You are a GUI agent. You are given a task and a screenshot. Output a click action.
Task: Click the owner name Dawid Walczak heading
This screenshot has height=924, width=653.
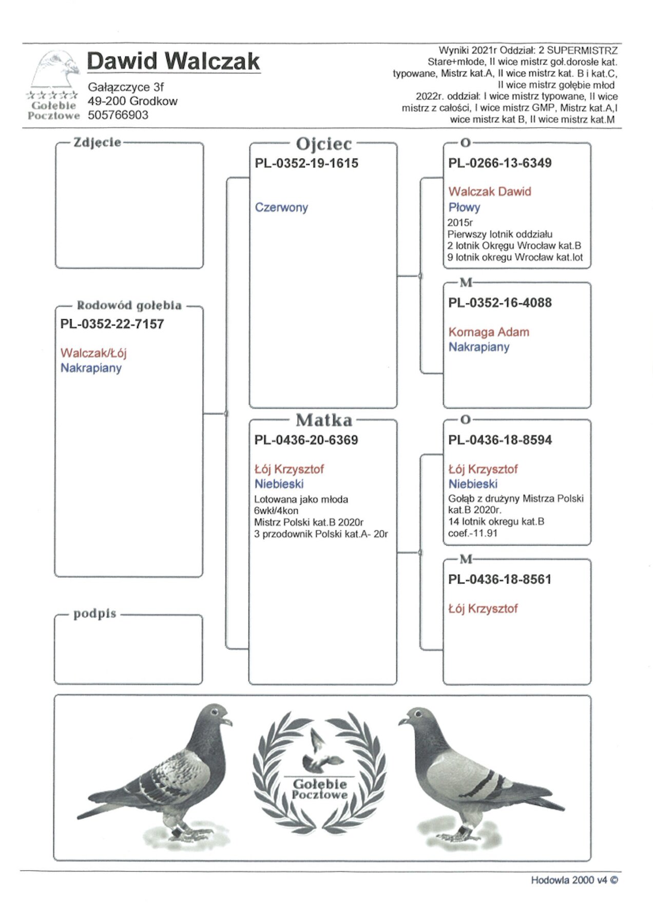(x=173, y=62)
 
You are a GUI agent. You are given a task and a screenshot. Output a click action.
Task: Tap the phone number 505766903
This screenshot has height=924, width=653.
(x=118, y=115)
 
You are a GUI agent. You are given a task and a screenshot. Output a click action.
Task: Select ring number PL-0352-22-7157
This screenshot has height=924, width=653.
(x=112, y=324)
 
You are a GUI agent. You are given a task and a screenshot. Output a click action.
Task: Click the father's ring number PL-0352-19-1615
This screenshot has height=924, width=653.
(x=306, y=163)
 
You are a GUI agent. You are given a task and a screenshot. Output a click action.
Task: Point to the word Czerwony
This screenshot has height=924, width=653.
(x=281, y=207)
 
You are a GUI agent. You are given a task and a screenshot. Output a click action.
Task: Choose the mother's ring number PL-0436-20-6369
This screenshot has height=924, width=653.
(x=306, y=440)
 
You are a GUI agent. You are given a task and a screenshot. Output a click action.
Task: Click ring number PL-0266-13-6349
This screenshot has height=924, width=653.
(x=500, y=163)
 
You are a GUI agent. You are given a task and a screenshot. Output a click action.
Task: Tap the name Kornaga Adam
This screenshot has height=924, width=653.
(x=489, y=332)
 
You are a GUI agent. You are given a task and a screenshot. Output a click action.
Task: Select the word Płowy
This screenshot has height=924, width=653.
(x=464, y=207)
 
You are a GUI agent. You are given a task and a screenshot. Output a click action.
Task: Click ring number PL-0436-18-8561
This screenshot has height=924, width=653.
(x=500, y=580)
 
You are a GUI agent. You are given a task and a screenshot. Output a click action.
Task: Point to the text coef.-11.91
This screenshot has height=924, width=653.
(x=473, y=533)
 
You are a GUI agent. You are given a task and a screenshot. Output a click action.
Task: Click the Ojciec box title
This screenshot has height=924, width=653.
(x=324, y=144)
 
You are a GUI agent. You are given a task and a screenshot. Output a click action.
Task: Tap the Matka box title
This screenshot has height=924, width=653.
(x=324, y=420)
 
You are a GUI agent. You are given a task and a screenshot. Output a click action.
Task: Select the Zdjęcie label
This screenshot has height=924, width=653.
(x=97, y=142)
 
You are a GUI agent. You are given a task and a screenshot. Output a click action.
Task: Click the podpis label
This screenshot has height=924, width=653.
(x=94, y=613)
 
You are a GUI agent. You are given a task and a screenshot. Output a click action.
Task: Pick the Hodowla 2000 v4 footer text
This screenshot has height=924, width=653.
(x=574, y=880)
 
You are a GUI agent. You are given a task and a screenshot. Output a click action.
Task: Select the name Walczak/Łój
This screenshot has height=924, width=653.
(x=93, y=353)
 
